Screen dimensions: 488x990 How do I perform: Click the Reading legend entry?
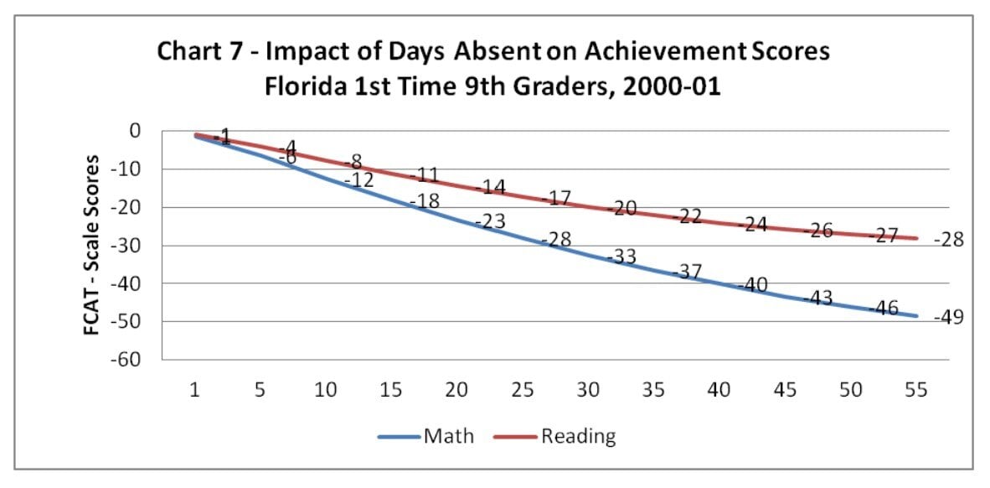pyautogui.click(x=578, y=436)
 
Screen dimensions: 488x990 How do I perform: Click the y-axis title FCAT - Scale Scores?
pyautogui.click(x=91, y=245)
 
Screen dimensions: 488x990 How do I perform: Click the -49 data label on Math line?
pyautogui.click(x=949, y=318)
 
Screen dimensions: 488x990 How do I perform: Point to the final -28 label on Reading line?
pyautogui.click(x=949, y=240)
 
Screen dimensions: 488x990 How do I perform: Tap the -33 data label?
pyautogui.click(x=621, y=257)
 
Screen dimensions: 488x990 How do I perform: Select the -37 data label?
pyautogui.click(x=687, y=272)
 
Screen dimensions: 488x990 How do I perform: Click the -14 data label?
pyautogui.click(x=491, y=188)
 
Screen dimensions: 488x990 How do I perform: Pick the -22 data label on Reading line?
pyautogui.click(x=687, y=216)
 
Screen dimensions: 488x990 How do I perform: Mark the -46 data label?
pyautogui.click(x=883, y=308)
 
